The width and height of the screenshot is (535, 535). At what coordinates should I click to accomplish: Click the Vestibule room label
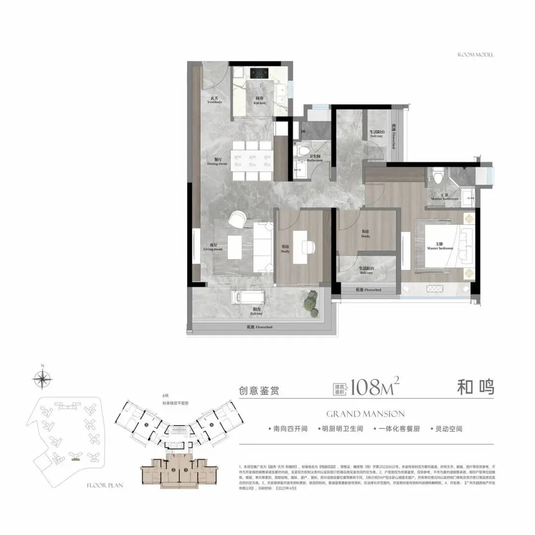tap(214, 100)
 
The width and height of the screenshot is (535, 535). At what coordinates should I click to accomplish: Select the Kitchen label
tap(260, 101)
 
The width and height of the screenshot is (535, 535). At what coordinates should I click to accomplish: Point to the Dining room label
tap(216, 161)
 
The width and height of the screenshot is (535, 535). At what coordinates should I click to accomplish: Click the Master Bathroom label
tap(444, 197)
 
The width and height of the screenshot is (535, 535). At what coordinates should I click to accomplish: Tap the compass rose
tap(43, 379)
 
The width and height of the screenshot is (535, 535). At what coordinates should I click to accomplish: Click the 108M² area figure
tap(374, 387)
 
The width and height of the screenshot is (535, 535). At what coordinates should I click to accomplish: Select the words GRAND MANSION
tap(366, 414)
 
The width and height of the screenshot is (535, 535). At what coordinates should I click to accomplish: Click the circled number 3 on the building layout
tap(147, 425)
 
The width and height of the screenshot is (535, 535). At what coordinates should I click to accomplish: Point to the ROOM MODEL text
tap(476, 54)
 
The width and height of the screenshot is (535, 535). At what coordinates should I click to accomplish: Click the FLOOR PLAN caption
tap(105, 486)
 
